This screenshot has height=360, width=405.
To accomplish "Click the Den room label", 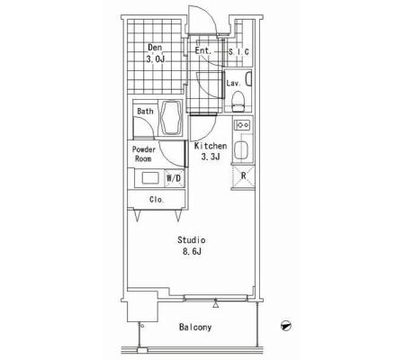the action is click(155, 48).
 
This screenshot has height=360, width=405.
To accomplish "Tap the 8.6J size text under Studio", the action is click(192, 251).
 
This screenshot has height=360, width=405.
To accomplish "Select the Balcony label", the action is click(195, 327).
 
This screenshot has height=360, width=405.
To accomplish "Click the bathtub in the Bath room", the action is click(172, 118).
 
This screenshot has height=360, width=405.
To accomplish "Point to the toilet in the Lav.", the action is click(238, 102).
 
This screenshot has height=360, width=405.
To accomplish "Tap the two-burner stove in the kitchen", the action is click(242, 124).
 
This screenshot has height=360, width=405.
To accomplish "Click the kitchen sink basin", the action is click(241, 150).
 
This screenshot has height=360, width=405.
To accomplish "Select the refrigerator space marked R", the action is click(243, 176).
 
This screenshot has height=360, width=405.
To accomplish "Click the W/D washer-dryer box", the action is click(174, 178).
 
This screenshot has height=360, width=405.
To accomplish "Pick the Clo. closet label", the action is click(157, 200).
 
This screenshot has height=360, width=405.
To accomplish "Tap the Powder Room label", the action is click(144, 154).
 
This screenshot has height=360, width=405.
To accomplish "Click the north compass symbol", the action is click(286, 326).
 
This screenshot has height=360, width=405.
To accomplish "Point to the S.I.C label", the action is click(238, 52).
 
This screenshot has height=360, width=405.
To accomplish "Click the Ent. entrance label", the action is click(203, 50).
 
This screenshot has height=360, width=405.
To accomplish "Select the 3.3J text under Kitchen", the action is click(211, 157).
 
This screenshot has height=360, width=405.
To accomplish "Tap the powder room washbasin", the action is click(150, 178).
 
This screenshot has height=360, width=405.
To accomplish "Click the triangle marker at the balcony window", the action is click(215, 305).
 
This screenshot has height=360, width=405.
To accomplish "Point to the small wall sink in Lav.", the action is click(248, 79).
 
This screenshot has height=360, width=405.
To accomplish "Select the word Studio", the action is click(192, 240).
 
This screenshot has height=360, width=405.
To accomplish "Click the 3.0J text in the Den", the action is click(156, 59).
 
